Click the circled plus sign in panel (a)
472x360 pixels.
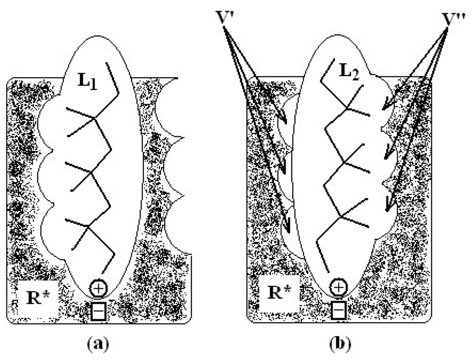click(x=98, y=288)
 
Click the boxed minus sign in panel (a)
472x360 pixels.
click(x=98, y=311)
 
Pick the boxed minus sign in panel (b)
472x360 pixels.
click(x=339, y=311)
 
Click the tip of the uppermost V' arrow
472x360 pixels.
click(x=287, y=124)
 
